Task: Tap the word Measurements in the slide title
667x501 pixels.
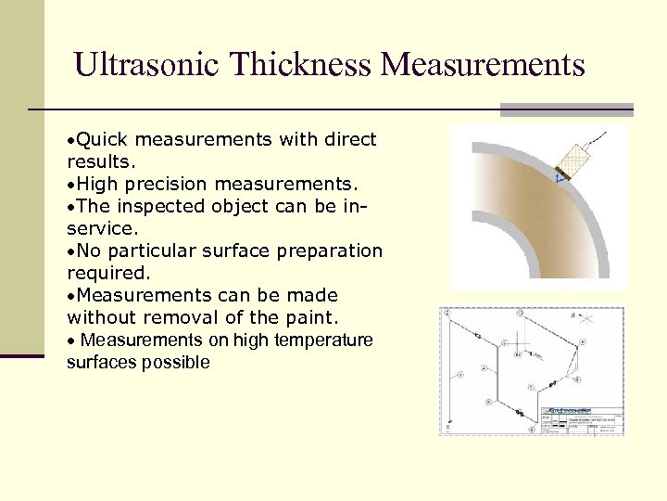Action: pos(483,65)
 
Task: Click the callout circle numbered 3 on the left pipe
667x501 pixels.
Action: pos(460,376)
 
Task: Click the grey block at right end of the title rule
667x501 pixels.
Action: pos(566,109)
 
